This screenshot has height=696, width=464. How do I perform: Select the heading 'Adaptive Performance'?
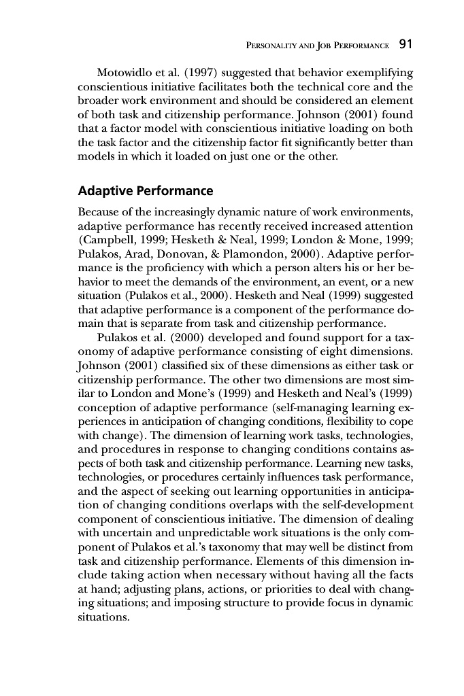[146, 190]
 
